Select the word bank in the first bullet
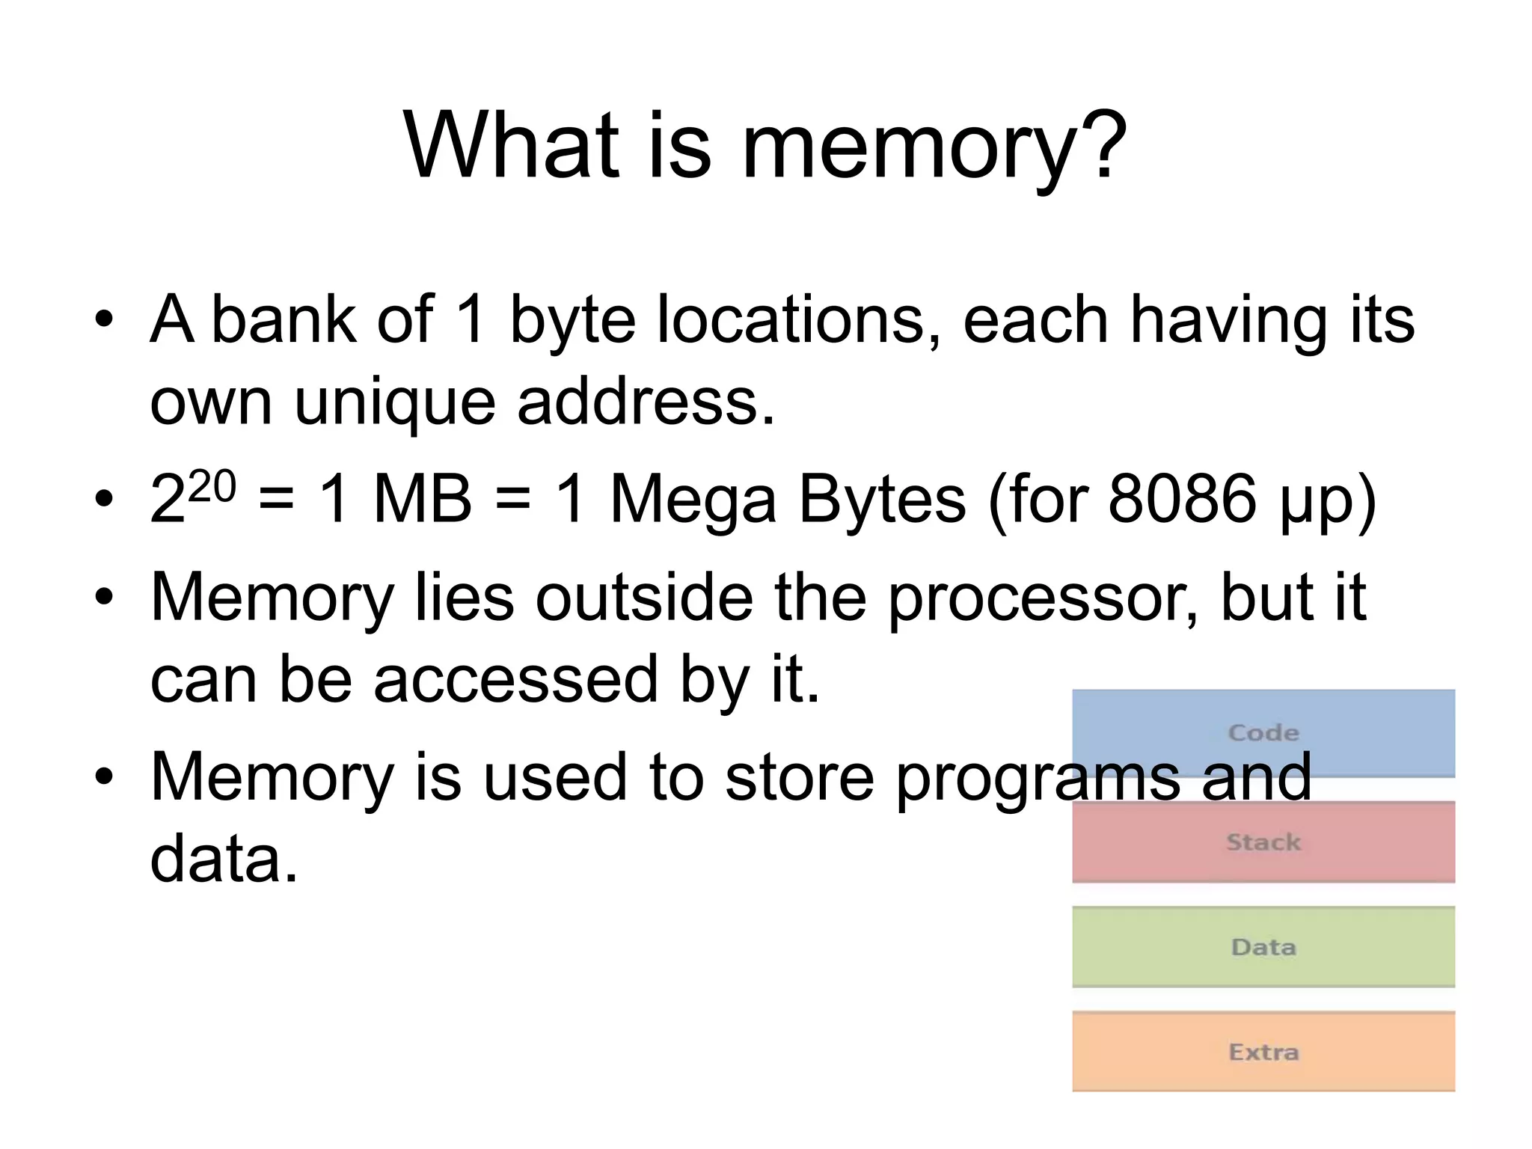[x=284, y=319]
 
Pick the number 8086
[x=1181, y=500]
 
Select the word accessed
[x=515, y=679]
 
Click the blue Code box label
[x=1263, y=732]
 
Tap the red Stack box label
[x=1263, y=842]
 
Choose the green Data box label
[x=1263, y=947]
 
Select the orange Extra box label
[x=1263, y=1052]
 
